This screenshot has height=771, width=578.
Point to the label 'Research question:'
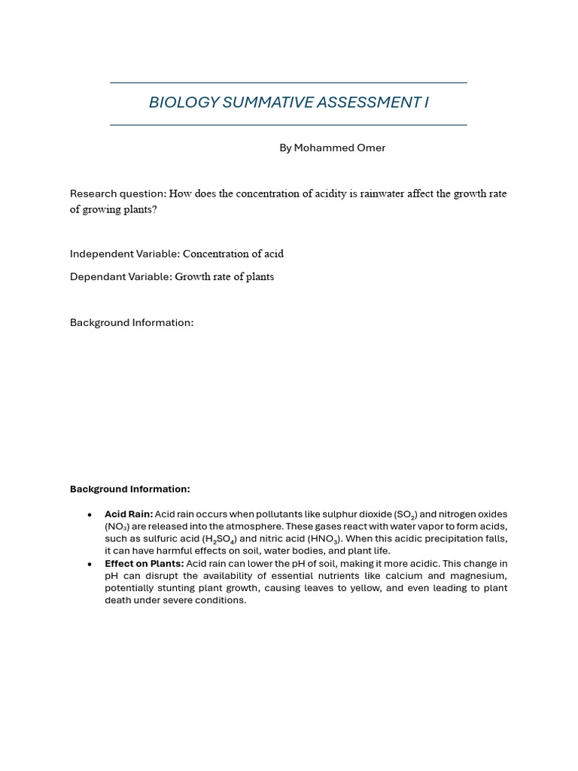click(117, 194)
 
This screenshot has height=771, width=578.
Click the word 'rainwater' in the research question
click(385, 194)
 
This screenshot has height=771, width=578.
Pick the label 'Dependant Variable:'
click(120, 276)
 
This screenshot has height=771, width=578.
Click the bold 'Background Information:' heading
click(129, 489)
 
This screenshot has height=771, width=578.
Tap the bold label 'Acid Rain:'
click(129, 514)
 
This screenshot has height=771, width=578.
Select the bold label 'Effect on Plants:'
click(144, 563)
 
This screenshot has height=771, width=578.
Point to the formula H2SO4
click(220, 539)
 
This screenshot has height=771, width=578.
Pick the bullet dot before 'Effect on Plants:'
click(90, 564)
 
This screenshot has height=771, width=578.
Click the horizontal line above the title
click(288, 83)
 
